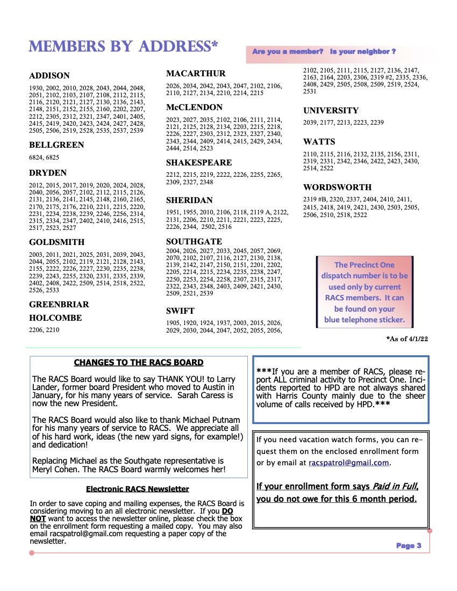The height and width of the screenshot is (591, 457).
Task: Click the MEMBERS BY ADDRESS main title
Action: coord(123,47)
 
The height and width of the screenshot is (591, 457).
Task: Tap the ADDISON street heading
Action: coord(49,76)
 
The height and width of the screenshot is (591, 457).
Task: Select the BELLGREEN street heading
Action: coord(56,145)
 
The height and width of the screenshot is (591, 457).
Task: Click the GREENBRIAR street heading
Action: coord(59,305)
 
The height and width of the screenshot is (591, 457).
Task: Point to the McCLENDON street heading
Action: coord(194,107)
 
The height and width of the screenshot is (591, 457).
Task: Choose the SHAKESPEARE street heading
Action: coord(199,163)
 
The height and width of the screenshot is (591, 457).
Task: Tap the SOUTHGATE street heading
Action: coord(194,242)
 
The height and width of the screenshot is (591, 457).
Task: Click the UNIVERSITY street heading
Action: coord(331,111)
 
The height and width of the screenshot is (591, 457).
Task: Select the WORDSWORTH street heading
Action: coord(337,188)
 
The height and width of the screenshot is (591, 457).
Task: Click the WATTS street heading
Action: coord(319,142)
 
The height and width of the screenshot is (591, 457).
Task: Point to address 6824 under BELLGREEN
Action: coord(35,157)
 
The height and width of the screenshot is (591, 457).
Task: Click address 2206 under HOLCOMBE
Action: coord(35,330)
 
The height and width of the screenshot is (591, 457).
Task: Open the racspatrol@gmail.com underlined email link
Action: coord(348,463)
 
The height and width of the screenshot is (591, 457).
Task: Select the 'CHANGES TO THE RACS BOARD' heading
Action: coord(139,363)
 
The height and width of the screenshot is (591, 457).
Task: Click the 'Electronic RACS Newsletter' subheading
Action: coord(138,489)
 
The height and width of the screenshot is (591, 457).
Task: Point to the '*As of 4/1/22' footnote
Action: coord(407,339)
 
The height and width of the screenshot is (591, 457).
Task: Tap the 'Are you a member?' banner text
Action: coord(288,52)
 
